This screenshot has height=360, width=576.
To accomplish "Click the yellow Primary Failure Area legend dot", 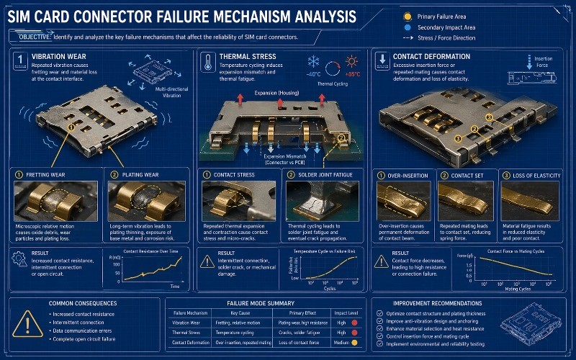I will [x=409, y=15].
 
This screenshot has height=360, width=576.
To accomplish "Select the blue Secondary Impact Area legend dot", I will [x=409, y=27].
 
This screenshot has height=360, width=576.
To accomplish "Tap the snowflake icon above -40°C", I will [x=314, y=62].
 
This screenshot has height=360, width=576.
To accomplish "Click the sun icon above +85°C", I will [x=353, y=62].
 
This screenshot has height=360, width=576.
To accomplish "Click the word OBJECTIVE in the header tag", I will [x=30, y=37].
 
